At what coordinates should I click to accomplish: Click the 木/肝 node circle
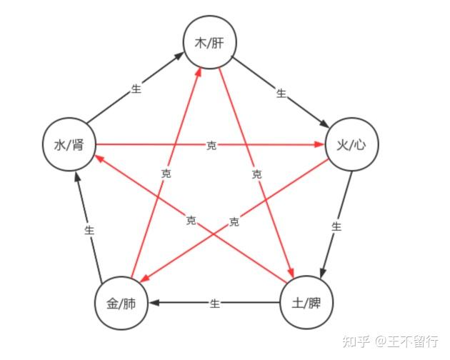click(x=210, y=42)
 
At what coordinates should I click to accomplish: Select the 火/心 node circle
click(x=351, y=144)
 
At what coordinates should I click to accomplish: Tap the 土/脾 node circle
click(x=307, y=304)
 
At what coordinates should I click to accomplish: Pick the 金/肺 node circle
click(x=121, y=304)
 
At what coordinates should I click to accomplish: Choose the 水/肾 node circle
click(x=69, y=145)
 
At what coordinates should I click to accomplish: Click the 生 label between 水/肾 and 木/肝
click(x=136, y=89)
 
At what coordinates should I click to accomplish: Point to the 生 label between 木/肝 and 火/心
click(x=281, y=93)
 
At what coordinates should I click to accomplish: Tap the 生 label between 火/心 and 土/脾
click(x=336, y=226)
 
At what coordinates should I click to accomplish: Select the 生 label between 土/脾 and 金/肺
click(x=214, y=304)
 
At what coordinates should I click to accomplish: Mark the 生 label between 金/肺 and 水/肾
click(x=89, y=230)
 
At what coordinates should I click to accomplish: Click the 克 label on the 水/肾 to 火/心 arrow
click(x=211, y=145)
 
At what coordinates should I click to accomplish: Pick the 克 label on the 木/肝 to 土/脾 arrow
click(x=257, y=174)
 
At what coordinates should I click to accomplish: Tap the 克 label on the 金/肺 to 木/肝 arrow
click(x=166, y=174)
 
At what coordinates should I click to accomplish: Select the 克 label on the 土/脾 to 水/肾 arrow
click(x=191, y=220)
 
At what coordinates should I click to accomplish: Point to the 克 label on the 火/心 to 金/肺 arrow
click(x=234, y=221)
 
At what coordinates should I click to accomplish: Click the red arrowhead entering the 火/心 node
click(x=319, y=145)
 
